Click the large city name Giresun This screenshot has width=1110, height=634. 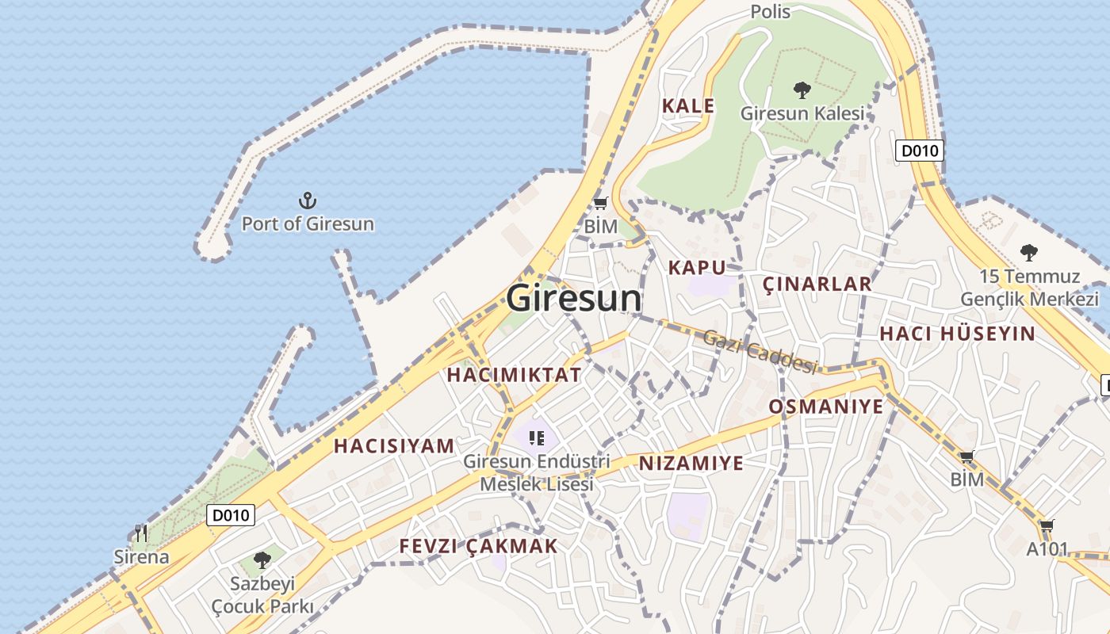[574, 298]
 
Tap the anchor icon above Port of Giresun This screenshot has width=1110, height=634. [307, 201]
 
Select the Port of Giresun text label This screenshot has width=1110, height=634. [308, 223]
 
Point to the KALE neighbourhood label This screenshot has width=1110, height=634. [688, 105]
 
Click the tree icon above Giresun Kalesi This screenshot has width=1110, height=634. [802, 90]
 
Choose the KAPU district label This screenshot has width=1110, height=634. [697, 267]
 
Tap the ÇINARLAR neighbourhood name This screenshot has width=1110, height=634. [817, 284]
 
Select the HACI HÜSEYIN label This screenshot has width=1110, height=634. [957, 334]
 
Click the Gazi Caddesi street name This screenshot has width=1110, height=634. [760, 351]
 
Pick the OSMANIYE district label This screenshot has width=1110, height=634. [825, 407]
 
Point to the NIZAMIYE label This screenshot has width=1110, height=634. [691, 463]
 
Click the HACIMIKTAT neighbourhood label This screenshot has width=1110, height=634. [514, 375]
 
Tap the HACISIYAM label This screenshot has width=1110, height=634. [394, 445]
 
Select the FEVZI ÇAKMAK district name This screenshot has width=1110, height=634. [478, 546]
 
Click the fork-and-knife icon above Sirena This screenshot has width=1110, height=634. [141, 533]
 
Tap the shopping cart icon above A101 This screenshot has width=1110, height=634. [1047, 526]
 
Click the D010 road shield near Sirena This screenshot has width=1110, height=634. [231, 515]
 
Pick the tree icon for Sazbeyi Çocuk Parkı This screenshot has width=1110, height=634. [262, 560]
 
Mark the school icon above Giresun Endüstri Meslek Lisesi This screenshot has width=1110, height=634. [536, 437]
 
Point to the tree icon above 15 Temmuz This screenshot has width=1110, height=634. [1029, 253]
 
